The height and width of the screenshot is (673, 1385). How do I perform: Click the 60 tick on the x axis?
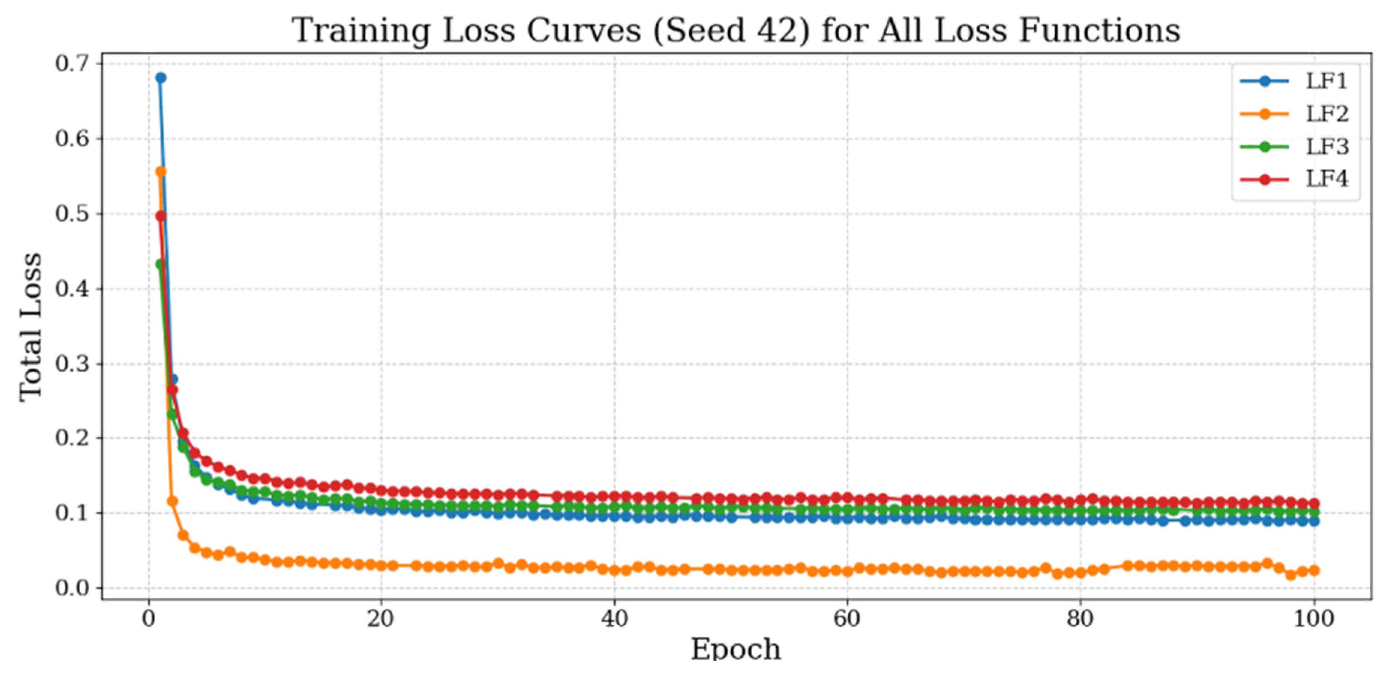(x=847, y=619)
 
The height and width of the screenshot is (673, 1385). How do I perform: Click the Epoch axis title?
(x=735, y=649)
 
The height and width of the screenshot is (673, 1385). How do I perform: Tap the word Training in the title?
(x=361, y=31)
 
